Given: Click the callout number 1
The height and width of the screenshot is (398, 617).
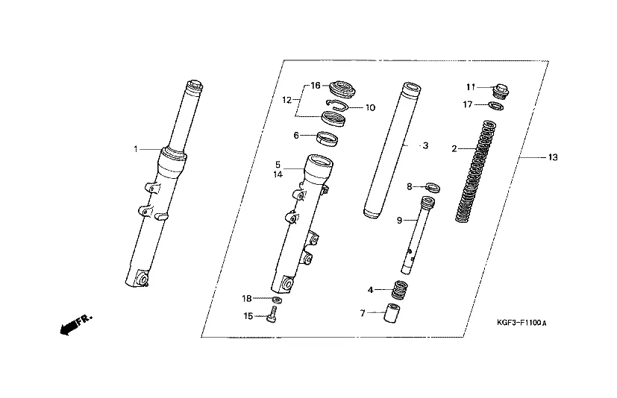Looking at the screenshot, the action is (136, 150).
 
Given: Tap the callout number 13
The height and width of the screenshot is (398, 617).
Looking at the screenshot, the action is (553, 157).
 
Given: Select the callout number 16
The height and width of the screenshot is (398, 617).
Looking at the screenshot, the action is (316, 86).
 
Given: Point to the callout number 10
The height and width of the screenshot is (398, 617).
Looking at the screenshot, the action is (370, 107).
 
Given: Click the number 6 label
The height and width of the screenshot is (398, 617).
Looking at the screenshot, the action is (296, 136).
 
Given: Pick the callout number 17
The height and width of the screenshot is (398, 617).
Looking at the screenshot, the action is (468, 104).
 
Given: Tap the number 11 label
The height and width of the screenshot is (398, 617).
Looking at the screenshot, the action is (471, 87).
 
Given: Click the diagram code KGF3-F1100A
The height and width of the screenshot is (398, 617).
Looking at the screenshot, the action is (522, 323).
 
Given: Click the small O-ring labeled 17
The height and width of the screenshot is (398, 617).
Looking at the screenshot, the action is (497, 106).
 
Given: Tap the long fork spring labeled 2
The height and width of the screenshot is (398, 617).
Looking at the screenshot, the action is (476, 171).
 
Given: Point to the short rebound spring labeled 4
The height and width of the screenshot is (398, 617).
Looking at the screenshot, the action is (399, 290).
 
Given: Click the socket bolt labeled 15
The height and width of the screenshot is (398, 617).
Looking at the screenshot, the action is (272, 315).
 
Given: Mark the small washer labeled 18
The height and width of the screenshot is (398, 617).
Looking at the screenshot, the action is (277, 300).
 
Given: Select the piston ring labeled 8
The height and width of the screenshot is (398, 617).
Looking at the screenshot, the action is (433, 187).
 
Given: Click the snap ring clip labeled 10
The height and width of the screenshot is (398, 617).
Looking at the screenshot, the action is (337, 104).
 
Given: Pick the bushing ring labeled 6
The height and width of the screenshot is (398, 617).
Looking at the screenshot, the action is (328, 139).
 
